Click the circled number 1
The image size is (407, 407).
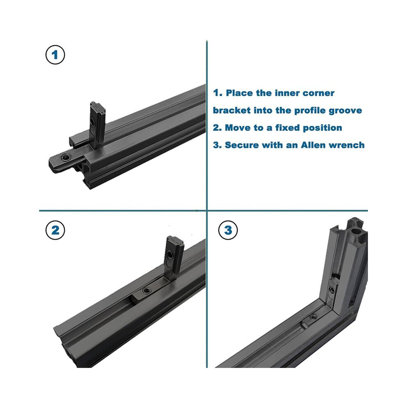55,55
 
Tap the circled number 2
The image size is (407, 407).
55,230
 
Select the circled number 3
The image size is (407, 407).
228,230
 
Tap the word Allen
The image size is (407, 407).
313,145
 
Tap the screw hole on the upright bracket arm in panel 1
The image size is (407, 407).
92,121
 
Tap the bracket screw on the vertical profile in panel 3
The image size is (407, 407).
332,289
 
